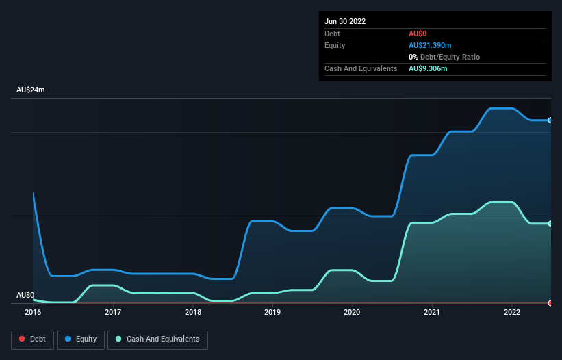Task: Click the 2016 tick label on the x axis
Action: pyautogui.click(x=33, y=312)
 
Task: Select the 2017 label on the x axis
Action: pyautogui.click(x=113, y=312)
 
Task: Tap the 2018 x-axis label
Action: pyautogui.click(x=193, y=312)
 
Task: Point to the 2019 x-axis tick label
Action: pyautogui.click(x=272, y=312)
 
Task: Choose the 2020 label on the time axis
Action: pyautogui.click(x=353, y=312)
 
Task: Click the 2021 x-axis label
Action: pyautogui.click(x=432, y=312)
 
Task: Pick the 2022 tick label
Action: pyautogui.click(x=512, y=312)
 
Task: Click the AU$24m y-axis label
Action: pyautogui.click(x=30, y=90)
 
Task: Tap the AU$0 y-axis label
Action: pyautogui.click(x=25, y=295)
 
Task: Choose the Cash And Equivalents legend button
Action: pyautogui.click(x=157, y=339)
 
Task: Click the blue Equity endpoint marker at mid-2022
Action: pyautogui.click(x=550, y=120)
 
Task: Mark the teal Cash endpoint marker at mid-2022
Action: pyautogui.click(x=550, y=224)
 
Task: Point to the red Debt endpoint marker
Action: pyautogui.click(x=550, y=303)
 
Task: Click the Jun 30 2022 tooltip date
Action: pyautogui.click(x=345, y=21)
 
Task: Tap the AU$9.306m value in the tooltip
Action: pyautogui.click(x=428, y=68)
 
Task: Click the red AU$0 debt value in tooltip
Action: pyautogui.click(x=418, y=34)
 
